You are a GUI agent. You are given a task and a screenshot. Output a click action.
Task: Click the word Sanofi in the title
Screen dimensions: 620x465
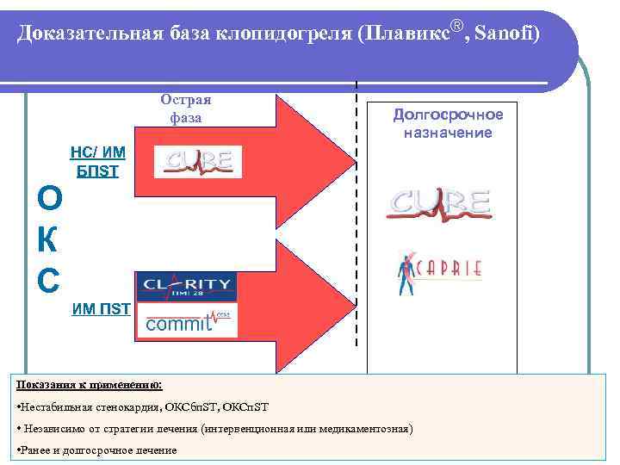(x=509, y=34)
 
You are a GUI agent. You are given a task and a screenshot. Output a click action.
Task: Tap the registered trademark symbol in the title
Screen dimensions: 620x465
(x=456, y=26)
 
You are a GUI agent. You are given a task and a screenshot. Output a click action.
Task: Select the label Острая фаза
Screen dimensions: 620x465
(x=185, y=108)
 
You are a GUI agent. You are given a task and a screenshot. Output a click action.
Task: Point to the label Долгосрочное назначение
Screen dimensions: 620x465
(x=448, y=123)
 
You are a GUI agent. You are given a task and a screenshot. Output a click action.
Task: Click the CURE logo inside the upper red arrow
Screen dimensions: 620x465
(x=198, y=162)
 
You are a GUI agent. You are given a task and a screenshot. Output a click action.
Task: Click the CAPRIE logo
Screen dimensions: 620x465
(x=440, y=270)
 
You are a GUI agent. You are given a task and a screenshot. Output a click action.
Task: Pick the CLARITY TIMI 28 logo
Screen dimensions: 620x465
(x=187, y=285)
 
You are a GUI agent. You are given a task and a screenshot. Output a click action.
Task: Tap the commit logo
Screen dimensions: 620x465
(x=187, y=320)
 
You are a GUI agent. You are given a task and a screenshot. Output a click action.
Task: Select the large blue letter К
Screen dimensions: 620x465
(x=49, y=239)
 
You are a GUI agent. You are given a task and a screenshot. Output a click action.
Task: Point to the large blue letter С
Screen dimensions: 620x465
(x=49, y=278)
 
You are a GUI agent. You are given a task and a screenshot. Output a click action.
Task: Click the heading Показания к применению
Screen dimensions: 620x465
(x=89, y=385)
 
